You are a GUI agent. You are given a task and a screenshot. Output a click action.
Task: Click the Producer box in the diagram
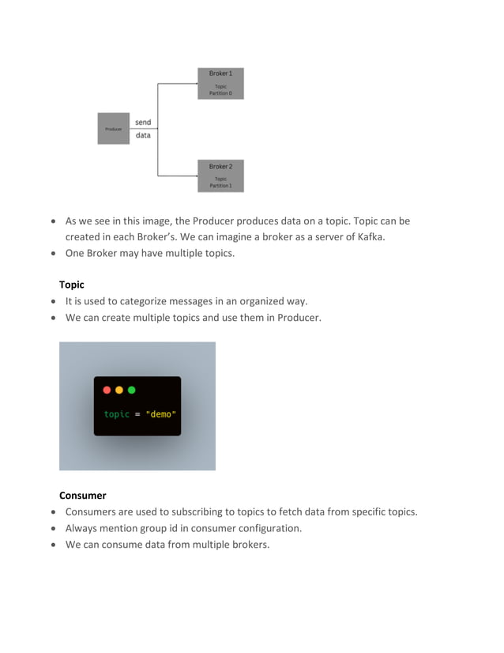[x=113, y=128]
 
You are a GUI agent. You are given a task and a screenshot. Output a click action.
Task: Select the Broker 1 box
[x=220, y=83]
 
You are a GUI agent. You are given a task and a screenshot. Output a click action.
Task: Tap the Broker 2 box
[x=220, y=176]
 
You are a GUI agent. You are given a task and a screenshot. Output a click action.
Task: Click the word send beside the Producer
[x=143, y=123]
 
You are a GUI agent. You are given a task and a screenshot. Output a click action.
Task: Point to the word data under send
[x=143, y=135]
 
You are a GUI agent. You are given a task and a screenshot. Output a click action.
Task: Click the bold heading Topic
[x=71, y=284]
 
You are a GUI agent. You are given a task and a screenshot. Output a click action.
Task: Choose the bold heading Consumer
[x=82, y=495]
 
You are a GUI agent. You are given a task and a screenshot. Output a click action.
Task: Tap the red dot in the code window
[x=107, y=390]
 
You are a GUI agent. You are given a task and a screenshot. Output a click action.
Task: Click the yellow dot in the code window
[x=119, y=390]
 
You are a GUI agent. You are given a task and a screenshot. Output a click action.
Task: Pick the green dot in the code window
[x=132, y=390]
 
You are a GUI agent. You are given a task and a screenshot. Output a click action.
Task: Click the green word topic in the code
[x=116, y=414]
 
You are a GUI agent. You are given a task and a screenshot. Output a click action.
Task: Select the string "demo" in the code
[x=161, y=414]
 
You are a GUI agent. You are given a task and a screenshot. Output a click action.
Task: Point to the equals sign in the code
[x=137, y=414]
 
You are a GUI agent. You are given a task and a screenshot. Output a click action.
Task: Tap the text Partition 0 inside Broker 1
[x=220, y=93]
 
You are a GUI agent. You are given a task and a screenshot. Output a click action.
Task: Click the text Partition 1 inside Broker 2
[x=220, y=186]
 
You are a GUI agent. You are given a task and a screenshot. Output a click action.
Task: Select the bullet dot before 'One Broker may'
[x=53, y=254]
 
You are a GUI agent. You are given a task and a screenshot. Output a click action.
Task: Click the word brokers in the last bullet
[x=248, y=545]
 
